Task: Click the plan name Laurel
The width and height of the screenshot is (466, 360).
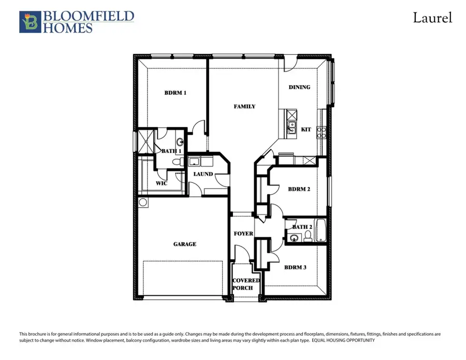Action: click(x=432, y=18)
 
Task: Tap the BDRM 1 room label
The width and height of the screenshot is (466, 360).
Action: click(x=175, y=93)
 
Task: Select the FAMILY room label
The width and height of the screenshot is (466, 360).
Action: click(x=244, y=107)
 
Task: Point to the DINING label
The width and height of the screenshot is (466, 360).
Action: click(x=299, y=88)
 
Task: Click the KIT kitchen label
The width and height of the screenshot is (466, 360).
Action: click(x=306, y=129)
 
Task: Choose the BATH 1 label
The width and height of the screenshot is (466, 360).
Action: click(x=171, y=151)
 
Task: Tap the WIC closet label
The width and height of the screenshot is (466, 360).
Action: click(x=162, y=183)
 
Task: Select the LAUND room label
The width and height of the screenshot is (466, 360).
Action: click(x=203, y=174)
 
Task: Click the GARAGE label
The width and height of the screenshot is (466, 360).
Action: click(x=184, y=244)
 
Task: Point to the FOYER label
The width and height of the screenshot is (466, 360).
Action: click(x=243, y=234)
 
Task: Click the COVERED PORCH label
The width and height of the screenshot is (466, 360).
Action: click(x=245, y=284)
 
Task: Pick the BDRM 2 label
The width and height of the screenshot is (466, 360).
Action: click(x=299, y=190)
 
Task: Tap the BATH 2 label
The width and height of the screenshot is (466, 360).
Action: click(x=302, y=227)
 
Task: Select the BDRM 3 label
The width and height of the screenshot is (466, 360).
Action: click(x=295, y=267)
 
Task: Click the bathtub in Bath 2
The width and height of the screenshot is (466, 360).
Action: click(x=321, y=231)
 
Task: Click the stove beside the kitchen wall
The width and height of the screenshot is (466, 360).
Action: click(x=322, y=132)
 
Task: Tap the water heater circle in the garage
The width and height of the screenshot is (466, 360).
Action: click(x=143, y=202)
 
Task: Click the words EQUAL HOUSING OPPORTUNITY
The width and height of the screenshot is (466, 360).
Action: click(x=343, y=340)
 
